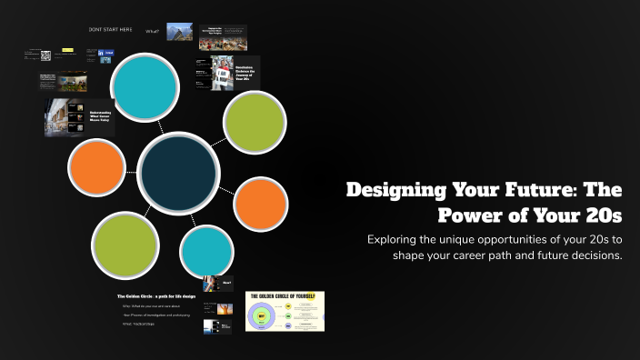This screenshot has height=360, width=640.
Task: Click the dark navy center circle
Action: point(178,173)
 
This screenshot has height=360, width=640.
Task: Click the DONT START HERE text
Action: point(110,30)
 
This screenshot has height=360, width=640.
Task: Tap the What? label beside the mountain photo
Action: point(153,31)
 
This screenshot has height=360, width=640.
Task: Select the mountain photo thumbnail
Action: point(179,32)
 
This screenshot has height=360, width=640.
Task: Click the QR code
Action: point(45,56)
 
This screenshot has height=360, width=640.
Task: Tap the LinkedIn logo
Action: point(105,55)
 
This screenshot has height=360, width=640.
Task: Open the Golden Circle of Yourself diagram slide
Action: point(285,311)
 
